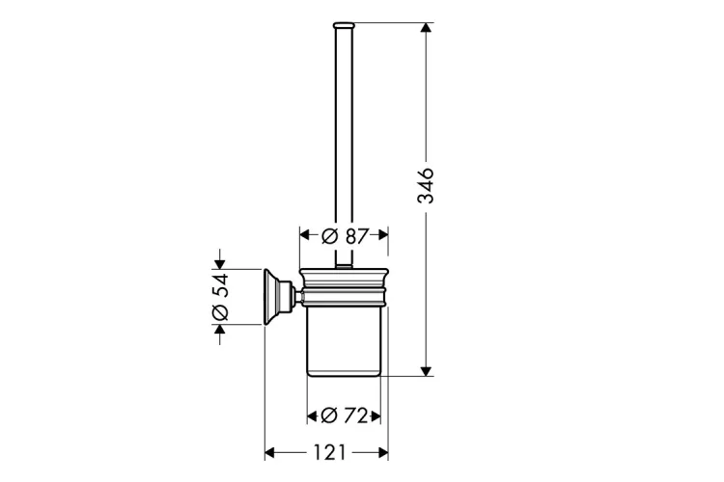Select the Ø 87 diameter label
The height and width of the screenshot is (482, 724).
[x=345, y=236]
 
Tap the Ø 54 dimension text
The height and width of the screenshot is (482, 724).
[x=220, y=297]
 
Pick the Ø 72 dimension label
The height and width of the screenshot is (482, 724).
[x=344, y=415]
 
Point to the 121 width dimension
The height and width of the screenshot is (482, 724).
[x=330, y=452]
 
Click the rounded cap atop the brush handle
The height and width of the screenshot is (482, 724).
[x=344, y=25]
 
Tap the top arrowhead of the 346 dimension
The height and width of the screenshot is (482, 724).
[x=426, y=27]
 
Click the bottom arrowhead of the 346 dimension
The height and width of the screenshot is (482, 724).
[x=426, y=371]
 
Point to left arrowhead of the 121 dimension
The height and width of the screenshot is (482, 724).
[x=269, y=452]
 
